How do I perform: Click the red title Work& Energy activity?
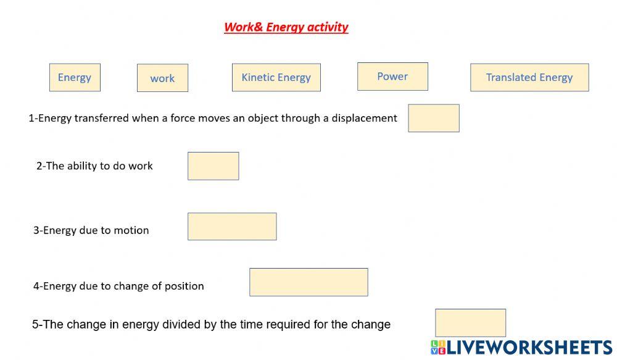[x=286, y=27]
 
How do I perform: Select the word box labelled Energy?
[x=75, y=78]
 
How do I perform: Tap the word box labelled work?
[x=162, y=78]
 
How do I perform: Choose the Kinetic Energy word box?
[x=276, y=78]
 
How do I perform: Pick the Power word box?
[x=392, y=77]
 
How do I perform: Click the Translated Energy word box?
[x=529, y=78]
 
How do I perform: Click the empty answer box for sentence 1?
[x=434, y=118]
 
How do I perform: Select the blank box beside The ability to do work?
[x=213, y=166]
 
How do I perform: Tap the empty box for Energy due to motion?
[x=232, y=227]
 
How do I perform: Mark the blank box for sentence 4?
[x=308, y=282]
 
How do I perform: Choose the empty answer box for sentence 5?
[x=470, y=323]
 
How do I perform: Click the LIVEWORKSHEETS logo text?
[x=529, y=348]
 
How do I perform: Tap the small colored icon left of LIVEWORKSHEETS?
[x=438, y=348]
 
